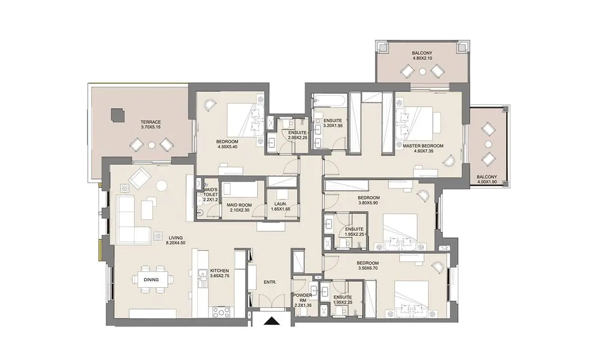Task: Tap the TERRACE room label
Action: click(151, 122)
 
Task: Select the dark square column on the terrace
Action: click(117, 115)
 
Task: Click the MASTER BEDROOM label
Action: click(423, 146)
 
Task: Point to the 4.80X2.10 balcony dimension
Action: click(422, 58)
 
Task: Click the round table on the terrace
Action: click(152, 145)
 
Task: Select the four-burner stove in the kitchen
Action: click(221, 312)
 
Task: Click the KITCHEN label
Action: click(219, 271)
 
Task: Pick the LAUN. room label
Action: click(281, 204)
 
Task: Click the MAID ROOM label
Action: click(240, 205)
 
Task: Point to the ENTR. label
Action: click(270, 282)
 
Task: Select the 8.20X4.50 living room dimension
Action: click(176, 243)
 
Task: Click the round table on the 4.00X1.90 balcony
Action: click(488, 144)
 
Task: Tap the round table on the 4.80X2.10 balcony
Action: click(422, 71)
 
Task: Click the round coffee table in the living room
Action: click(161, 186)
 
